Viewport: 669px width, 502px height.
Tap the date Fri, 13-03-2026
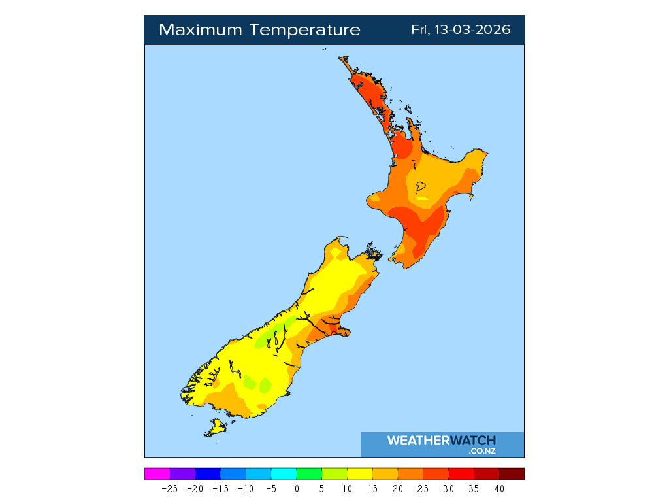point(461,30)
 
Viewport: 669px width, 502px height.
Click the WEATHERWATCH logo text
point(442,441)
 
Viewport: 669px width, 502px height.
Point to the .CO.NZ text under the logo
point(482,451)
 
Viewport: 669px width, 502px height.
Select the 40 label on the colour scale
point(499,488)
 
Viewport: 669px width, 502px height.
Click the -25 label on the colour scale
point(170,488)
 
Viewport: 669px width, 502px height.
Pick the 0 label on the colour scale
point(297,488)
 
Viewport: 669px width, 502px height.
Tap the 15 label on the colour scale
point(372,488)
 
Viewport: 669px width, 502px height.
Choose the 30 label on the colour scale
point(448,488)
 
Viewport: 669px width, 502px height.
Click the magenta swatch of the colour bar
point(157,474)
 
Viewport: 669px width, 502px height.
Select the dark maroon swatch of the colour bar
point(512,474)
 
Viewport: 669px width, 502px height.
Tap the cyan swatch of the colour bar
point(284,474)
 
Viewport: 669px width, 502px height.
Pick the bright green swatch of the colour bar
point(309,474)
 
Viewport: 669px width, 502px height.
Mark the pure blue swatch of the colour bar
point(208,474)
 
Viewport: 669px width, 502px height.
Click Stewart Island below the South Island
point(216,428)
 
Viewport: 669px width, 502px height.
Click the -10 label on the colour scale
point(246,488)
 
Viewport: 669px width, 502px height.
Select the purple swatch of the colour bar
point(182,474)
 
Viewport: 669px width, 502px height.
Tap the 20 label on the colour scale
point(397,488)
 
